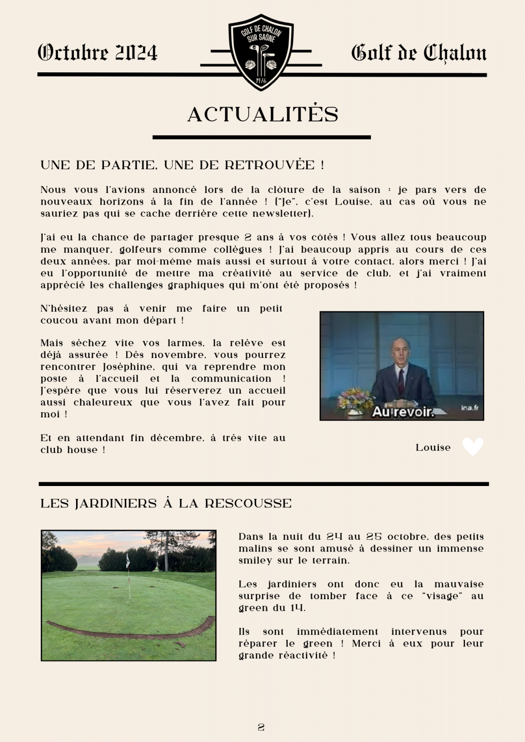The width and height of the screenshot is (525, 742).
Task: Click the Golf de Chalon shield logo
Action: click(x=261, y=52)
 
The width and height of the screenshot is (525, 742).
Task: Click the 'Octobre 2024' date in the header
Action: click(x=97, y=53)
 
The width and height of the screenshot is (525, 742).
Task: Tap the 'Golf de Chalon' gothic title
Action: click(x=419, y=53)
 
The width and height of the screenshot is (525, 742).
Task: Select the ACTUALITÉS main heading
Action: click(x=263, y=114)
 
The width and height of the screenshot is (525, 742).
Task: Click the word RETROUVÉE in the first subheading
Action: click(x=270, y=165)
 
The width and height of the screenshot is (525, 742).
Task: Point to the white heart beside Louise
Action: click(x=473, y=447)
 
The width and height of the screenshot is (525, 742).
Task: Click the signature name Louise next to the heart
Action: click(x=433, y=448)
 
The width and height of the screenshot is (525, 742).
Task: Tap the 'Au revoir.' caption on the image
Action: click(x=403, y=412)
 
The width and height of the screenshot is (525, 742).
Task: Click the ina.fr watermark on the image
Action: click(x=469, y=408)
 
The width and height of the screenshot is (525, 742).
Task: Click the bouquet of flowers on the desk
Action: click(x=356, y=399)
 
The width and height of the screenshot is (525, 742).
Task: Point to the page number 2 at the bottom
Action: click(x=261, y=727)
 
